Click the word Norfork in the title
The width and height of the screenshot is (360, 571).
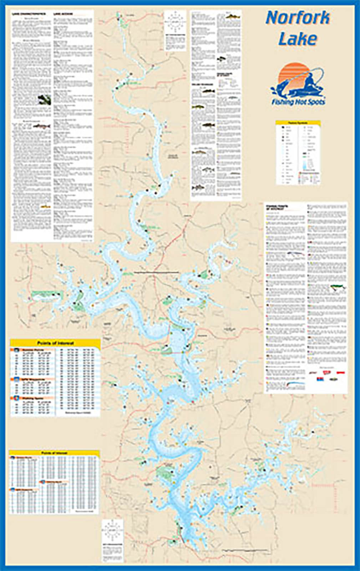(x=298, y=18)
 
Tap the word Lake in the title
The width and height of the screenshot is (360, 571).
(x=297, y=39)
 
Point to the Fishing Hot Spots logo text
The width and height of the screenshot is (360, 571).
(x=298, y=102)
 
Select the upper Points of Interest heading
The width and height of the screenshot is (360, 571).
(x=55, y=343)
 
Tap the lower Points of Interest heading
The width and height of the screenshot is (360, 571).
(x=54, y=453)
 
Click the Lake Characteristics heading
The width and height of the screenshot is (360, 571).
(x=29, y=14)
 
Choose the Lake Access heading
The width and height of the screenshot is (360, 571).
(x=63, y=14)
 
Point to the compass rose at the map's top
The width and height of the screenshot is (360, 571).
(x=175, y=21)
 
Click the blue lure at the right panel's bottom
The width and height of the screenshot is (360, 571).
(x=296, y=385)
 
